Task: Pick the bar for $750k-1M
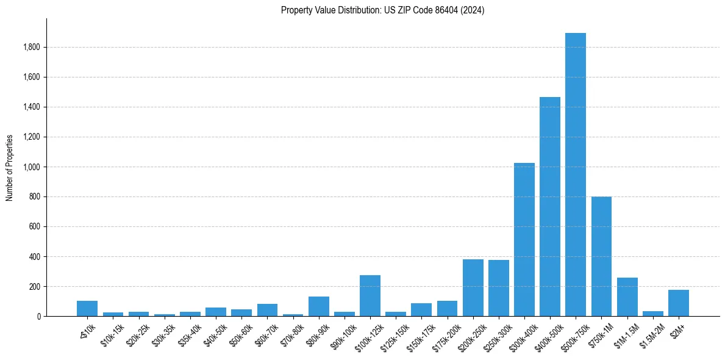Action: (x=601, y=256)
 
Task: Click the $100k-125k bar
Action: (x=370, y=295)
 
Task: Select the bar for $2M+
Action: (x=678, y=303)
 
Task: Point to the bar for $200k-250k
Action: (x=473, y=287)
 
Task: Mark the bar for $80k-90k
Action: (x=318, y=306)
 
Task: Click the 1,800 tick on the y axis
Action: (x=32, y=47)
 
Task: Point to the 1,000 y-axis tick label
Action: (x=32, y=167)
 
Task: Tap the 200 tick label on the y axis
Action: (x=35, y=286)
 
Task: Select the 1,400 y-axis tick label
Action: (x=32, y=107)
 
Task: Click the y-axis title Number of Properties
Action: (x=9, y=167)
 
